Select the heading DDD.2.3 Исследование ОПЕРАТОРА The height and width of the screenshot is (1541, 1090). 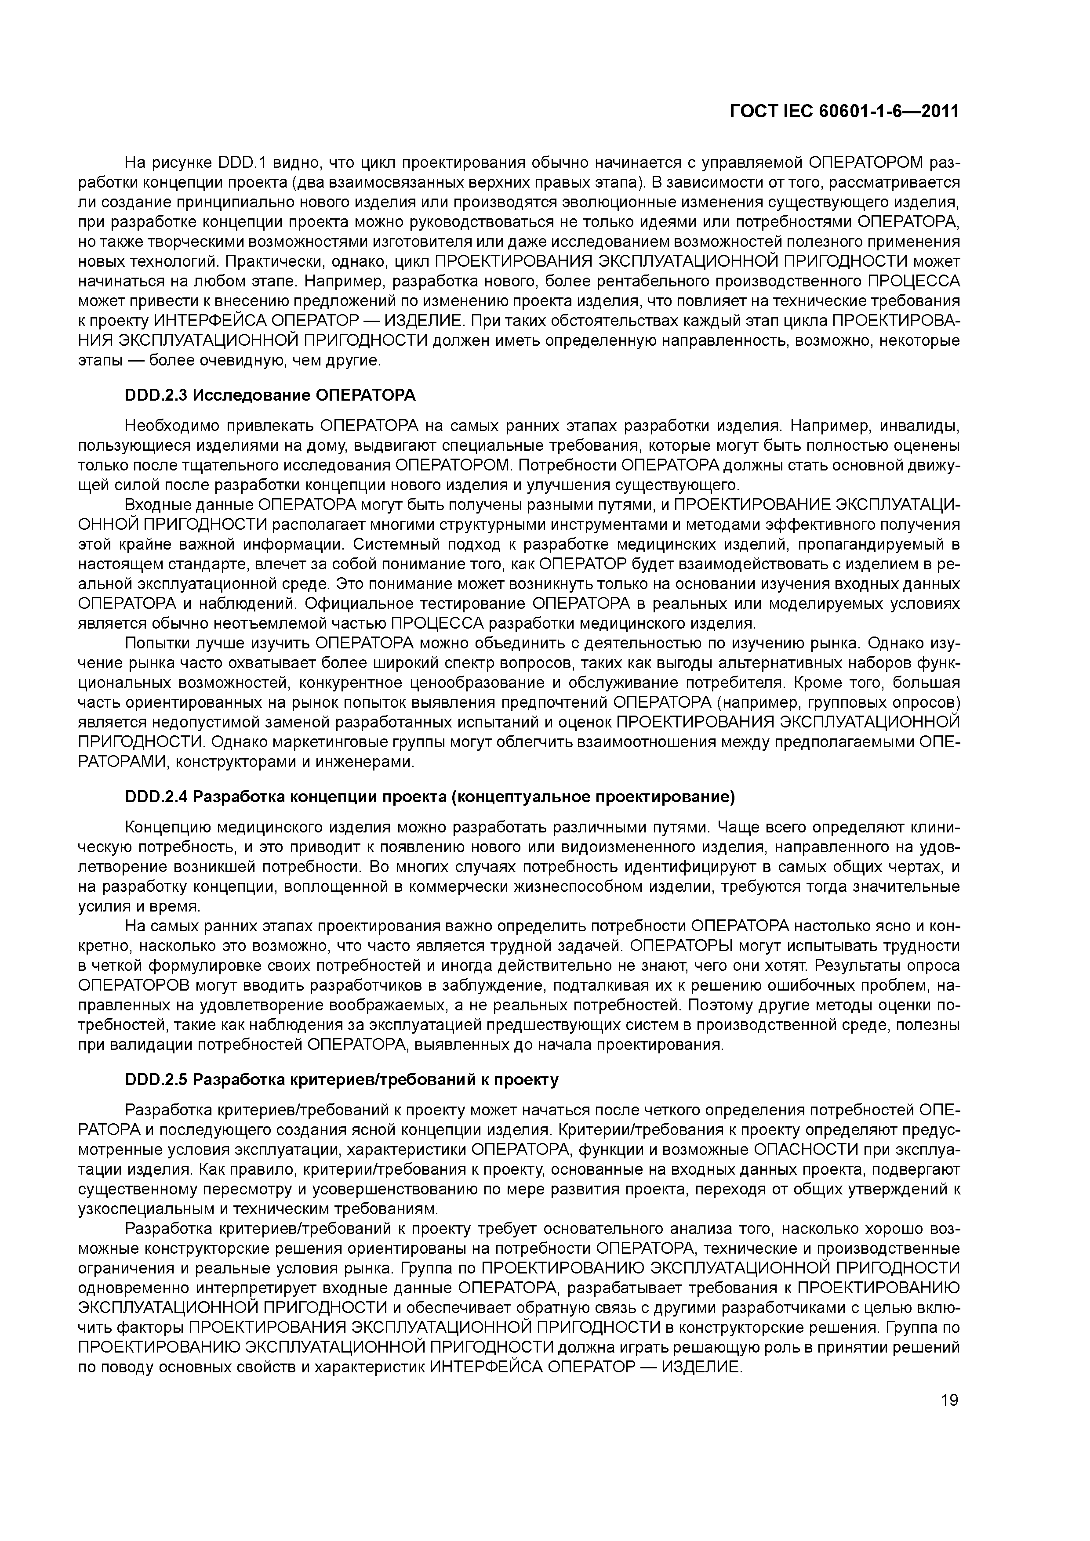(270, 395)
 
